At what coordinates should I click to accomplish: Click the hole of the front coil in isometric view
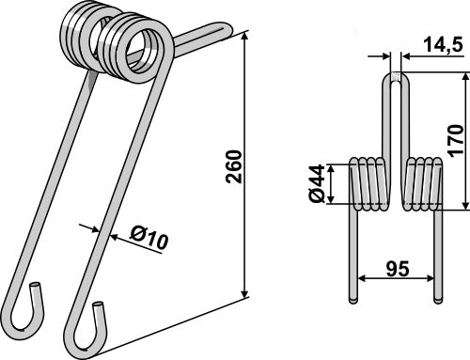[x=147, y=43]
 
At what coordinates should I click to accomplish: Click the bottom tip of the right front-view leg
[x=437, y=299]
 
